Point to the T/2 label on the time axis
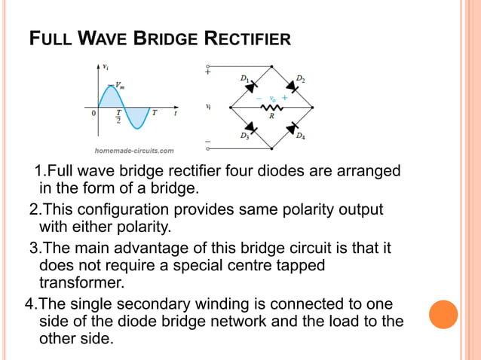118,117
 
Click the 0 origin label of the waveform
94,114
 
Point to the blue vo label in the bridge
271,98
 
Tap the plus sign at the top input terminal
207,72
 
